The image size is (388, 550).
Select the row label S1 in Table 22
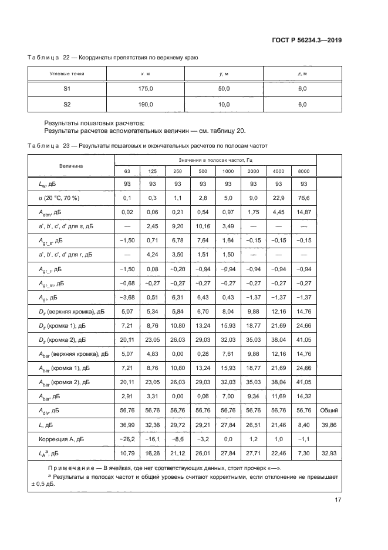click(67, 89)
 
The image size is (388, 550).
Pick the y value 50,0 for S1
click(224, 89)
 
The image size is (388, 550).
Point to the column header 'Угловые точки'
click(67, 74)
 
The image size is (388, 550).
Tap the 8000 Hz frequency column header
click(304, 171)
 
